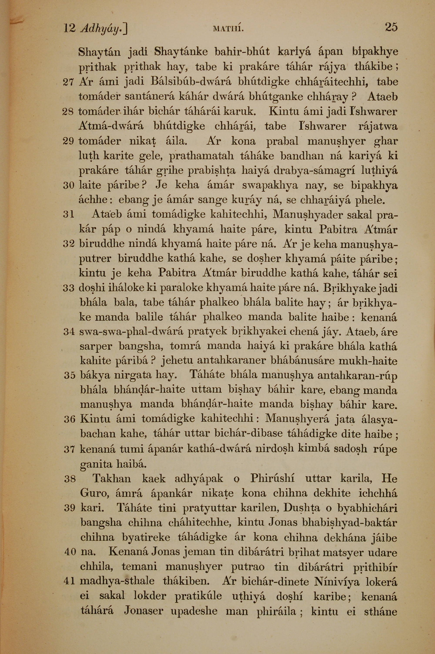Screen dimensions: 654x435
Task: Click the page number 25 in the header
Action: (x=391, y=27)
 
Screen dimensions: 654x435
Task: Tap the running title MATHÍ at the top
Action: (x=228, y=28)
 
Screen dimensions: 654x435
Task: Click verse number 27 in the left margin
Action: (x=68, y=82)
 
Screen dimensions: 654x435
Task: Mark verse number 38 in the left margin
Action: (x=70, y=479)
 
